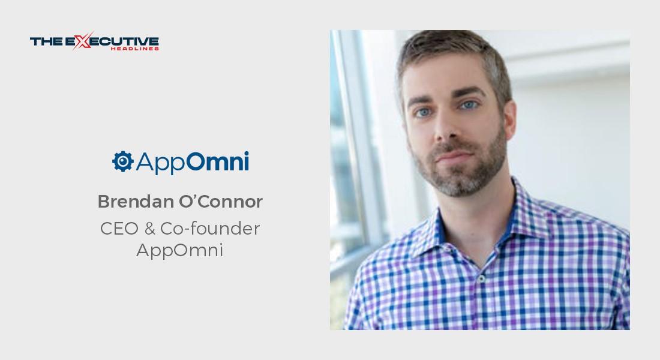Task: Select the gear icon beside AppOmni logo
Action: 122,161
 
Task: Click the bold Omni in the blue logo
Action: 220,162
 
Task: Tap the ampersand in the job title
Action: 150,229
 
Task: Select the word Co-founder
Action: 211,229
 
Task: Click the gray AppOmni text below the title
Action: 179,250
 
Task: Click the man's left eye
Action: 470,105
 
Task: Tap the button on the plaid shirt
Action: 481,279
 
